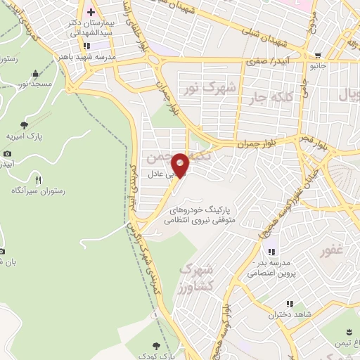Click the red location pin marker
pyautogui.click(x=181, y=165)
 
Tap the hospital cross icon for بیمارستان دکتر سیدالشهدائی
pyautogui.click(x=91, y=13)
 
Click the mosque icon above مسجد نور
pyautogui.click(x=35, y=73)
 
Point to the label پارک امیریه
pyautogui.click(x=22, y=136)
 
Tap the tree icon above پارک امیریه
pyautogui.click(x=25, y=124)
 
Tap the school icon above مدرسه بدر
pyautogui.click(x=271, y=251)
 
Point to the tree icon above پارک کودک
pyautogui.click(x=155, y=345)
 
